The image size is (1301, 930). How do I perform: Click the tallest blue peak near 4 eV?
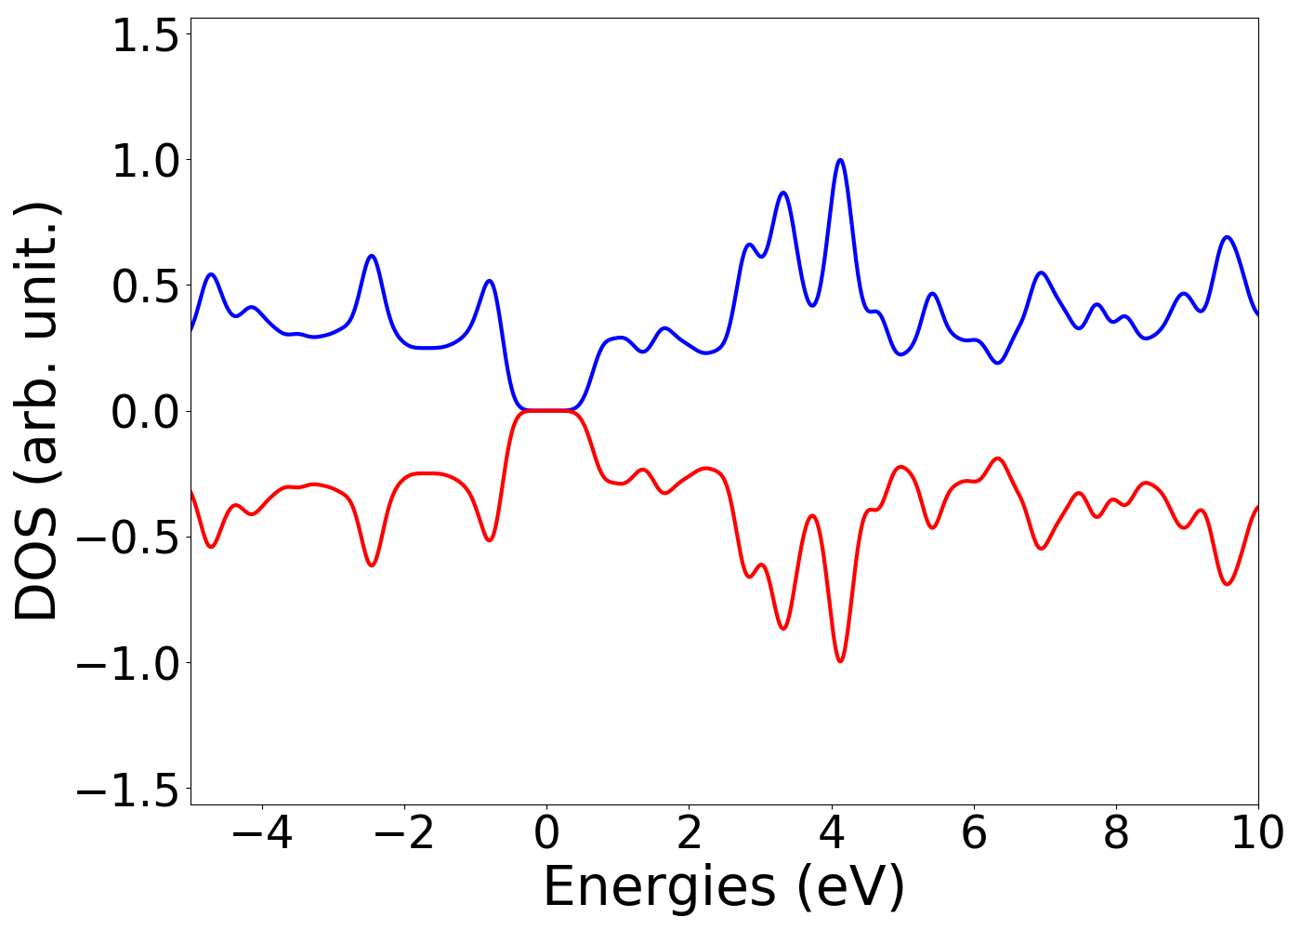point(840,160)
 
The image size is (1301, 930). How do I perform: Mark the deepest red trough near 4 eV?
point(840,661)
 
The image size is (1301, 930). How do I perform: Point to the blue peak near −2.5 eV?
point(372,256)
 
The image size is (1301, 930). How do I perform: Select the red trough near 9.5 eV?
point(1228,584)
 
